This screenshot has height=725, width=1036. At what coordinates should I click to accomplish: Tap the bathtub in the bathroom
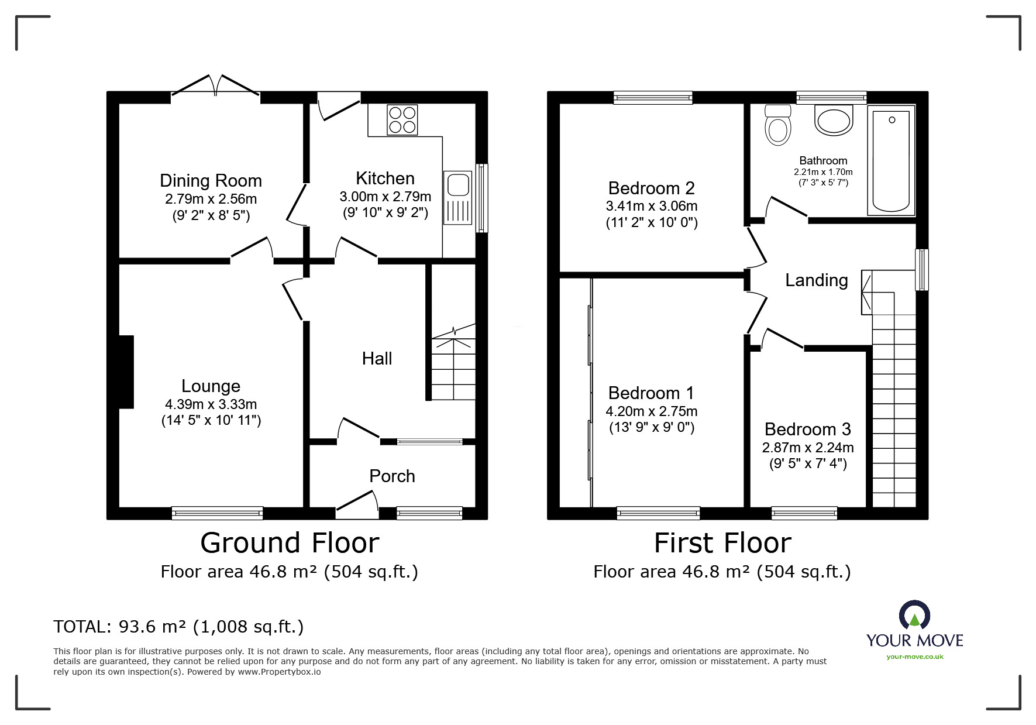click(x=891, y=160)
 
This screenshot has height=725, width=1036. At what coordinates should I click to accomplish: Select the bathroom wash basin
click(x=833, y=121)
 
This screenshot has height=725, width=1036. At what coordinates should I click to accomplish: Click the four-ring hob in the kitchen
click(x=402, y=119)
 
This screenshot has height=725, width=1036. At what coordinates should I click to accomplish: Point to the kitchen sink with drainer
click(x=457, y=198)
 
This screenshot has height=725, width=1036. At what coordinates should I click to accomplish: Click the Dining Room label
click(x=211, y=180)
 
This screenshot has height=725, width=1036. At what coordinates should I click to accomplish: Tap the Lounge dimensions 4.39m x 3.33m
click(x=211, y=404)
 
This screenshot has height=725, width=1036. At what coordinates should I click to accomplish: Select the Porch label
click(x=392, y=476)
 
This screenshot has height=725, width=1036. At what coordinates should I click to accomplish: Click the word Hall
click(x=377, y=358)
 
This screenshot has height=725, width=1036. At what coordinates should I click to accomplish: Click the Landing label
click(x=816, y=280)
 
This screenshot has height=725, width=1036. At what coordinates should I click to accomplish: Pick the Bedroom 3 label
click(x=807, y=429)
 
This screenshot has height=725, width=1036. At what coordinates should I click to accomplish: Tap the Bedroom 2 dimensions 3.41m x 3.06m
click(x=651, y=206)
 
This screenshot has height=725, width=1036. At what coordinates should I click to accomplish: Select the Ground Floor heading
click(x=290, y=542)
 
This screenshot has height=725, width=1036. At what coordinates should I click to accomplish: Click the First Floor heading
click(x=722, y=542)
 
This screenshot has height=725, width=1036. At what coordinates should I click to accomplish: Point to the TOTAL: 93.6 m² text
click(x=178, y=627)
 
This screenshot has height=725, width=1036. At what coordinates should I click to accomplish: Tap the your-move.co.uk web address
click(x=914, y=657)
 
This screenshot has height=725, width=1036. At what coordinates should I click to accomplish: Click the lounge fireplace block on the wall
click(x=126, y=372)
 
